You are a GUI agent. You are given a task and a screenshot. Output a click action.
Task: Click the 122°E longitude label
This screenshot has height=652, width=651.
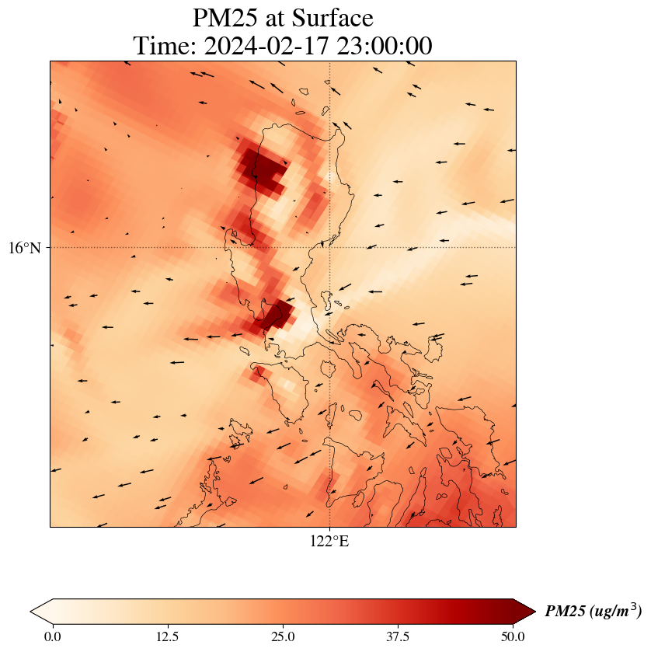pyautogui.click(x=329, y=542)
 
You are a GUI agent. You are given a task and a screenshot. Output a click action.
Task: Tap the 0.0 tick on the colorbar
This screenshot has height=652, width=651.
pyautogui.click(x=53, y=637)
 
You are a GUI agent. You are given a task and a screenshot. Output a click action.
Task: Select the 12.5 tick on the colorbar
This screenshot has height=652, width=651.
pyautogui.click(x=168, y=637)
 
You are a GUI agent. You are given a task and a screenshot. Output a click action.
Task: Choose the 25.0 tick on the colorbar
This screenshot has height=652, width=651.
pyautogui.click(x=283, y=637)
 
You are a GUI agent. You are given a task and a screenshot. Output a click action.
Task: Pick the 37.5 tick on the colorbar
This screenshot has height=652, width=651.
pyautogui.click(x=398, y=637)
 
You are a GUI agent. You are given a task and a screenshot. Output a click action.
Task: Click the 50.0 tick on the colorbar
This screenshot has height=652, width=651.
pyautogui.click(x=513, y=637)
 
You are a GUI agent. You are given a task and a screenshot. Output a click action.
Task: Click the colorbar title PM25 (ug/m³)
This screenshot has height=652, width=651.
pyautogui.click(x=593, y=612)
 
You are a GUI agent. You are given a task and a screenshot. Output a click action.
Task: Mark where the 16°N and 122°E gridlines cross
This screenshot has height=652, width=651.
pyautogui.click(x=330, y=247)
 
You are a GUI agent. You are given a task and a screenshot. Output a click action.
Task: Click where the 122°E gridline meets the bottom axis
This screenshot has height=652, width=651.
pyautogui.click(x=330, y=527)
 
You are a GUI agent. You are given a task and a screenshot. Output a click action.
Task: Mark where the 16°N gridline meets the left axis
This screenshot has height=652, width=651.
pyautogui.click(x=50, y=247)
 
